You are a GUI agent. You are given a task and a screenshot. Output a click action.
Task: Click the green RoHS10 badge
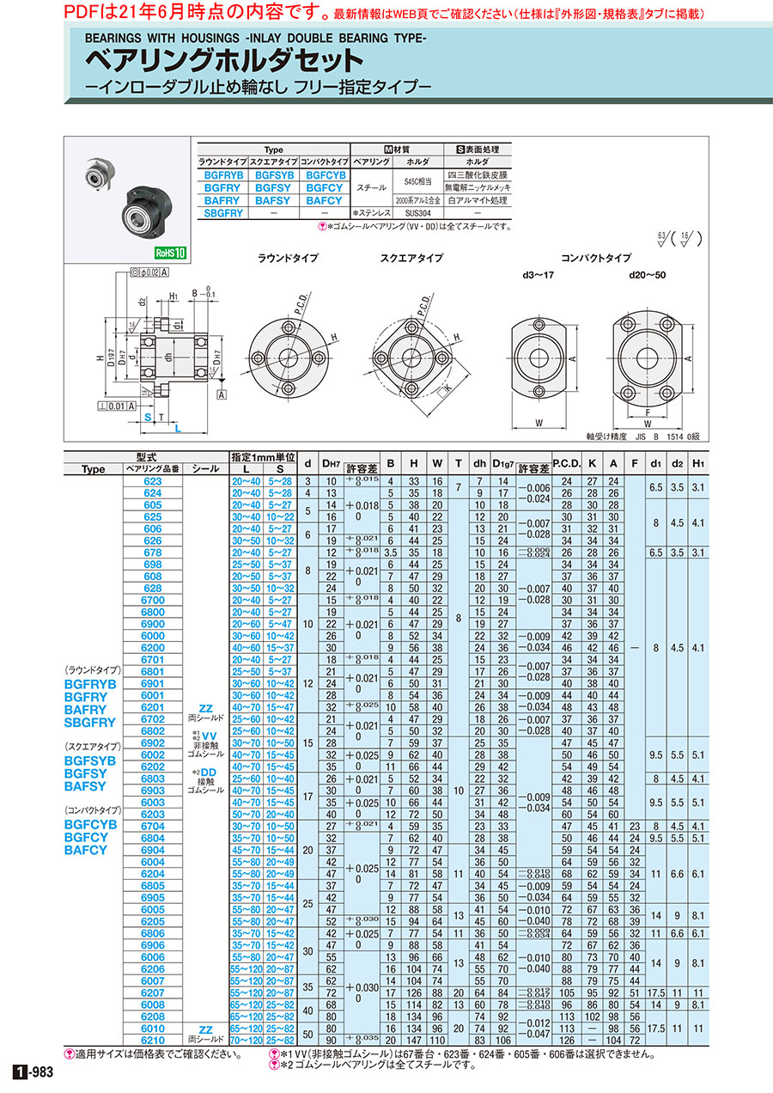[x=169, y=253]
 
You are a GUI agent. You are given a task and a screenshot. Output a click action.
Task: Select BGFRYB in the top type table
[x=222, y=174]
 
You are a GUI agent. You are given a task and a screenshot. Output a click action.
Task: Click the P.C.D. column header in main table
[x=566, y=469]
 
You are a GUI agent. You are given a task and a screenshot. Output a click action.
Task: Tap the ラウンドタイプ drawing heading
[x=288, y=258]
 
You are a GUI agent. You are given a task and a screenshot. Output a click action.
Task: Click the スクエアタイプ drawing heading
[x=411, y=258]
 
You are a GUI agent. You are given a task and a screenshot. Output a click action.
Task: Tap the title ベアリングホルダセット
[x=222, y=63]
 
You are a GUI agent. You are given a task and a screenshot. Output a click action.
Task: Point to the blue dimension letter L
[x=176, y=427]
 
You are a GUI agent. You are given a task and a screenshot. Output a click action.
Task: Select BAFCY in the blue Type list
[x=86, y=850]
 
